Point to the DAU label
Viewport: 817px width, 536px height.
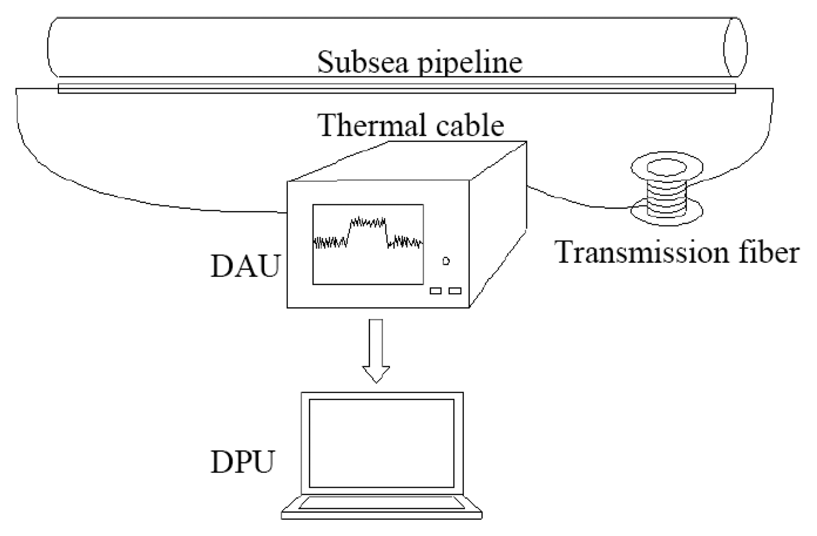(244, 266)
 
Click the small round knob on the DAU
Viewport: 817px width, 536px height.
(446, 261)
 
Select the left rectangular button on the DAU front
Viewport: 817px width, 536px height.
(436, 291)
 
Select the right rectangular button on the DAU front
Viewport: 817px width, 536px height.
(455, 291)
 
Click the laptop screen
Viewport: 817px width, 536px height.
(381, 443)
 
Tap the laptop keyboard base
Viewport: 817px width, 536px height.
(381, 507)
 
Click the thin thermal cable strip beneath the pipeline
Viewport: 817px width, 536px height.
(397, 89)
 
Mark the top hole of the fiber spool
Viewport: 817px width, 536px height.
(666, 168)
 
